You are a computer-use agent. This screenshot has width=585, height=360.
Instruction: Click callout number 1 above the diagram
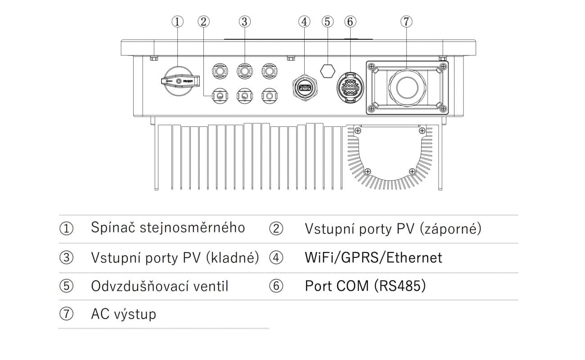point(178,21)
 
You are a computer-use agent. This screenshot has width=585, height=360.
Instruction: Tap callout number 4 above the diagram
point(305,21)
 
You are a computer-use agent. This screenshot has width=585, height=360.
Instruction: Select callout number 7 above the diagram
point(406,21)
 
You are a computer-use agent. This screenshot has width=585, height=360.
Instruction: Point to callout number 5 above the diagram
point(328,21)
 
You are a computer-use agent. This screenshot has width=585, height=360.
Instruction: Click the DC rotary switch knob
point(179,81)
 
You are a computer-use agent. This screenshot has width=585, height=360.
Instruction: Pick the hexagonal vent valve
point(327,70)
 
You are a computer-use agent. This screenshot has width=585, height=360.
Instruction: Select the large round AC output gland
point(406,87)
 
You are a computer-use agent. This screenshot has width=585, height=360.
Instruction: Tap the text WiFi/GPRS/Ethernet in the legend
point(373,257)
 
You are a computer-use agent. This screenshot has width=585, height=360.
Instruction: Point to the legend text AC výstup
point(123,314)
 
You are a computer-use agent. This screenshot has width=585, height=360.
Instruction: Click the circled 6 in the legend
point(276,286)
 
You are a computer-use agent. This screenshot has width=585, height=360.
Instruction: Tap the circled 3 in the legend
point(66,257)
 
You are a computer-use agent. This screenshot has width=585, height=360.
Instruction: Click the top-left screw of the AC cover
point(372,67)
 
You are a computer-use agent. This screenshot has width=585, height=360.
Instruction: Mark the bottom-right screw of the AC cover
point(443,108)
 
